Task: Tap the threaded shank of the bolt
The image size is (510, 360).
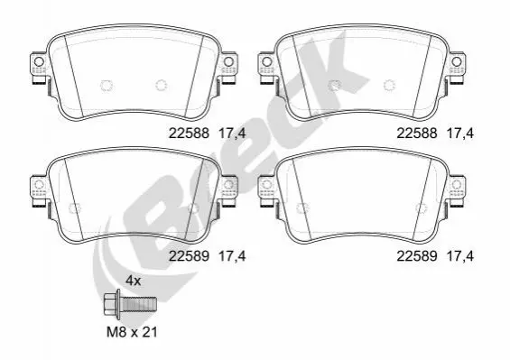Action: coord(139,304)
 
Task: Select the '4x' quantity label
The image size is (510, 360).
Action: coord(134,280)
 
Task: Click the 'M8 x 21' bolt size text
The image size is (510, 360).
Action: coord(132,332)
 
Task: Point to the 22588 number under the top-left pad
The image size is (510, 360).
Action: coord(189,133)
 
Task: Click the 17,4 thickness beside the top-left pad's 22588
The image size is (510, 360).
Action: coord(232,134)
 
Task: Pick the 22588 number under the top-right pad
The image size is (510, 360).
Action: coord(417,133)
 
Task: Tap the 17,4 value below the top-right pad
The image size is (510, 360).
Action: coord(460,134)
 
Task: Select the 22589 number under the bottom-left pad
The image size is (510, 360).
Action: coord(189,256)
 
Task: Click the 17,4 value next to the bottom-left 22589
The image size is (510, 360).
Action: coord(232,256)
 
